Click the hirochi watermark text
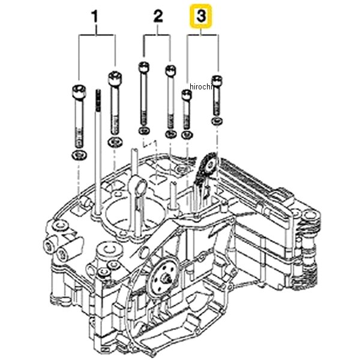pos(202,88)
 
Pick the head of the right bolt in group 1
pos(113,78)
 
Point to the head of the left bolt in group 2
pos(142,66)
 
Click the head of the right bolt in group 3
pos(217,79)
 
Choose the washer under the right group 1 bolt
pos(113,142)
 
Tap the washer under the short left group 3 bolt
pos(186,136)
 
